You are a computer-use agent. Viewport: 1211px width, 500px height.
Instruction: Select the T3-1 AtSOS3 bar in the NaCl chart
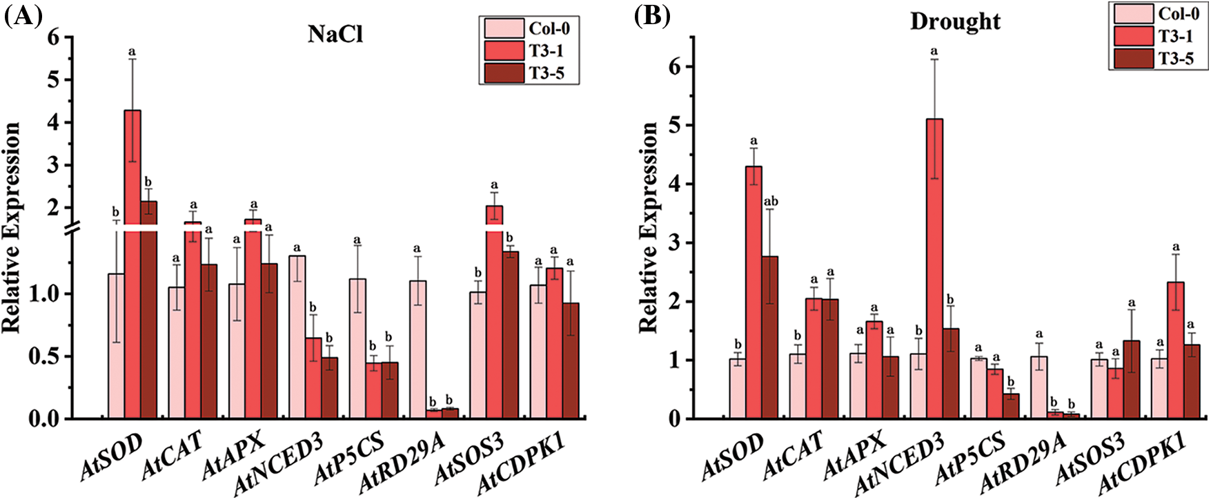[494, 311]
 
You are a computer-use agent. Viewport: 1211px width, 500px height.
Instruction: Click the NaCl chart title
[335, 34]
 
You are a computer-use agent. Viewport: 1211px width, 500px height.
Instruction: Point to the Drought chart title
[955, 21]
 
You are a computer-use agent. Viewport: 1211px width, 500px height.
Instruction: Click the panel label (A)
[19, 16]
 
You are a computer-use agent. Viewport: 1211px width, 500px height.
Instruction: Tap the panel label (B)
[652, 16]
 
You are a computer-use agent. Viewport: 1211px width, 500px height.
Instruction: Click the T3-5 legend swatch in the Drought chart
[1133, 59]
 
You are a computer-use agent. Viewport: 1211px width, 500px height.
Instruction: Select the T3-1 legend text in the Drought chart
[1176, 36]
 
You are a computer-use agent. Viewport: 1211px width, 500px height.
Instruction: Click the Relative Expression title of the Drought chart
[649, 228]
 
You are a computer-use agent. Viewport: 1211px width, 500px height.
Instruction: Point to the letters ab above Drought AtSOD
[770, 202]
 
